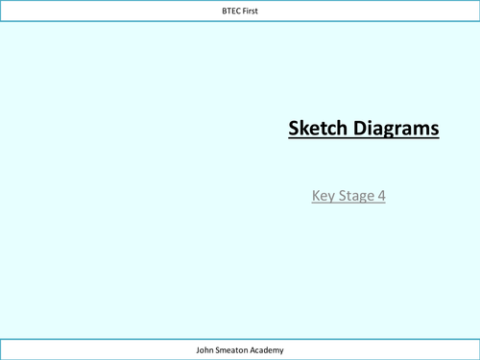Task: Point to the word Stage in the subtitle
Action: tap(357, 196)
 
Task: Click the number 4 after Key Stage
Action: tap(381, 196)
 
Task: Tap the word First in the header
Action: tap(252, 11)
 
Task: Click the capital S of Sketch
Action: tap(295, 128)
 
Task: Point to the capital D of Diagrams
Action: tap(360, 128)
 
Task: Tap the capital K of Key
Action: tap(316, 196)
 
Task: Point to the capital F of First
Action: tap(245, 11)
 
